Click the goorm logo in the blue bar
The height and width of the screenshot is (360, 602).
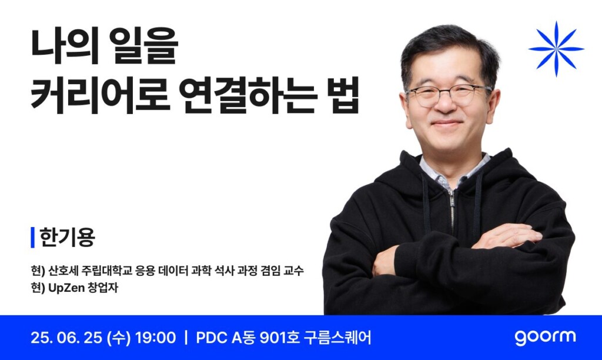(x=545, y=338)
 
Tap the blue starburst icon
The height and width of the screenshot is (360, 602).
(x=556, y=49)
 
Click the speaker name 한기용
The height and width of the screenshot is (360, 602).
(x=67, y=237)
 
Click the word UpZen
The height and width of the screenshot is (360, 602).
(x=66, y=288)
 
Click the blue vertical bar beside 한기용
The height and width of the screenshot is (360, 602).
(x=33, y=238)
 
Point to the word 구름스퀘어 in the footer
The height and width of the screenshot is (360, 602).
(x=337, y=338)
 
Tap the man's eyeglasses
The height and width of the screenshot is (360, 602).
(x=449, y=95)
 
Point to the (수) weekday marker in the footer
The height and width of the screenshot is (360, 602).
(x=119, y=338)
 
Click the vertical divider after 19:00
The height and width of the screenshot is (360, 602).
(x=186, y=338)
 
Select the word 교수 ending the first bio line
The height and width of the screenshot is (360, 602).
(x=294, y=271)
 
